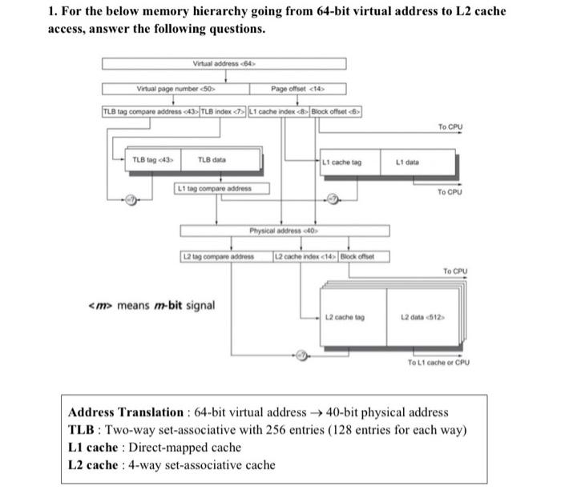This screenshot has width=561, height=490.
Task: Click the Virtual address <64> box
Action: pyautogui.click(x=224, y=63)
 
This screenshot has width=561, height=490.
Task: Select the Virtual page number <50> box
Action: pyautogui.click(x=174, y=89)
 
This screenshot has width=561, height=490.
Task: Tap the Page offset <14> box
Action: pyautogui.click(x=297, y=89)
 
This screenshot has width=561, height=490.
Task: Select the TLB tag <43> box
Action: pyautogui.click(x=148, y=160)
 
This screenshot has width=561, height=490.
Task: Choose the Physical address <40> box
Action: pyautogui.click(x=285, y=231)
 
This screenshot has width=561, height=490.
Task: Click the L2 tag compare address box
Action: pyautogui.click(x=225, y=256)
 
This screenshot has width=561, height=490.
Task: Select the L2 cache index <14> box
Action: pyautogui.click(x=305, y=256)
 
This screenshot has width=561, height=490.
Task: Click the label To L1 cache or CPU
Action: pyautogui.click(x=438, y=362)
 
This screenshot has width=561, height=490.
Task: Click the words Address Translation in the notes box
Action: pyautogui.click(x=126, y=412)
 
